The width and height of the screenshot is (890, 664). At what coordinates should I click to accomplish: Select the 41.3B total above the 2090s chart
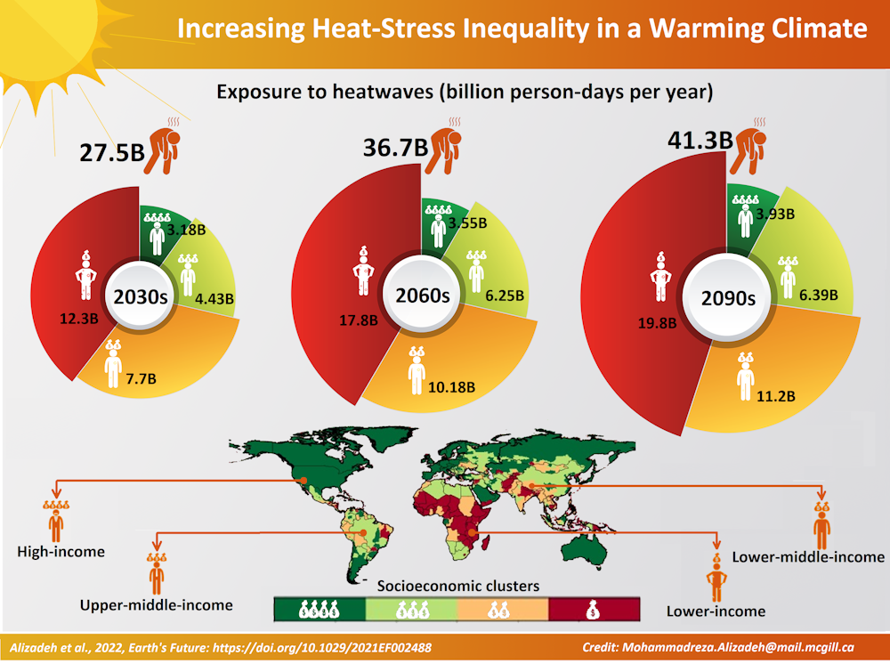700,139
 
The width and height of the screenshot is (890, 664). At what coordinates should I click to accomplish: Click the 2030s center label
139,296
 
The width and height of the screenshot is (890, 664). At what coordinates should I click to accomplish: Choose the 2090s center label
726,296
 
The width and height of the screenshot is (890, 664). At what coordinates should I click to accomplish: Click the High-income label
61,552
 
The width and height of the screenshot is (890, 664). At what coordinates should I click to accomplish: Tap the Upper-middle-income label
156,604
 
